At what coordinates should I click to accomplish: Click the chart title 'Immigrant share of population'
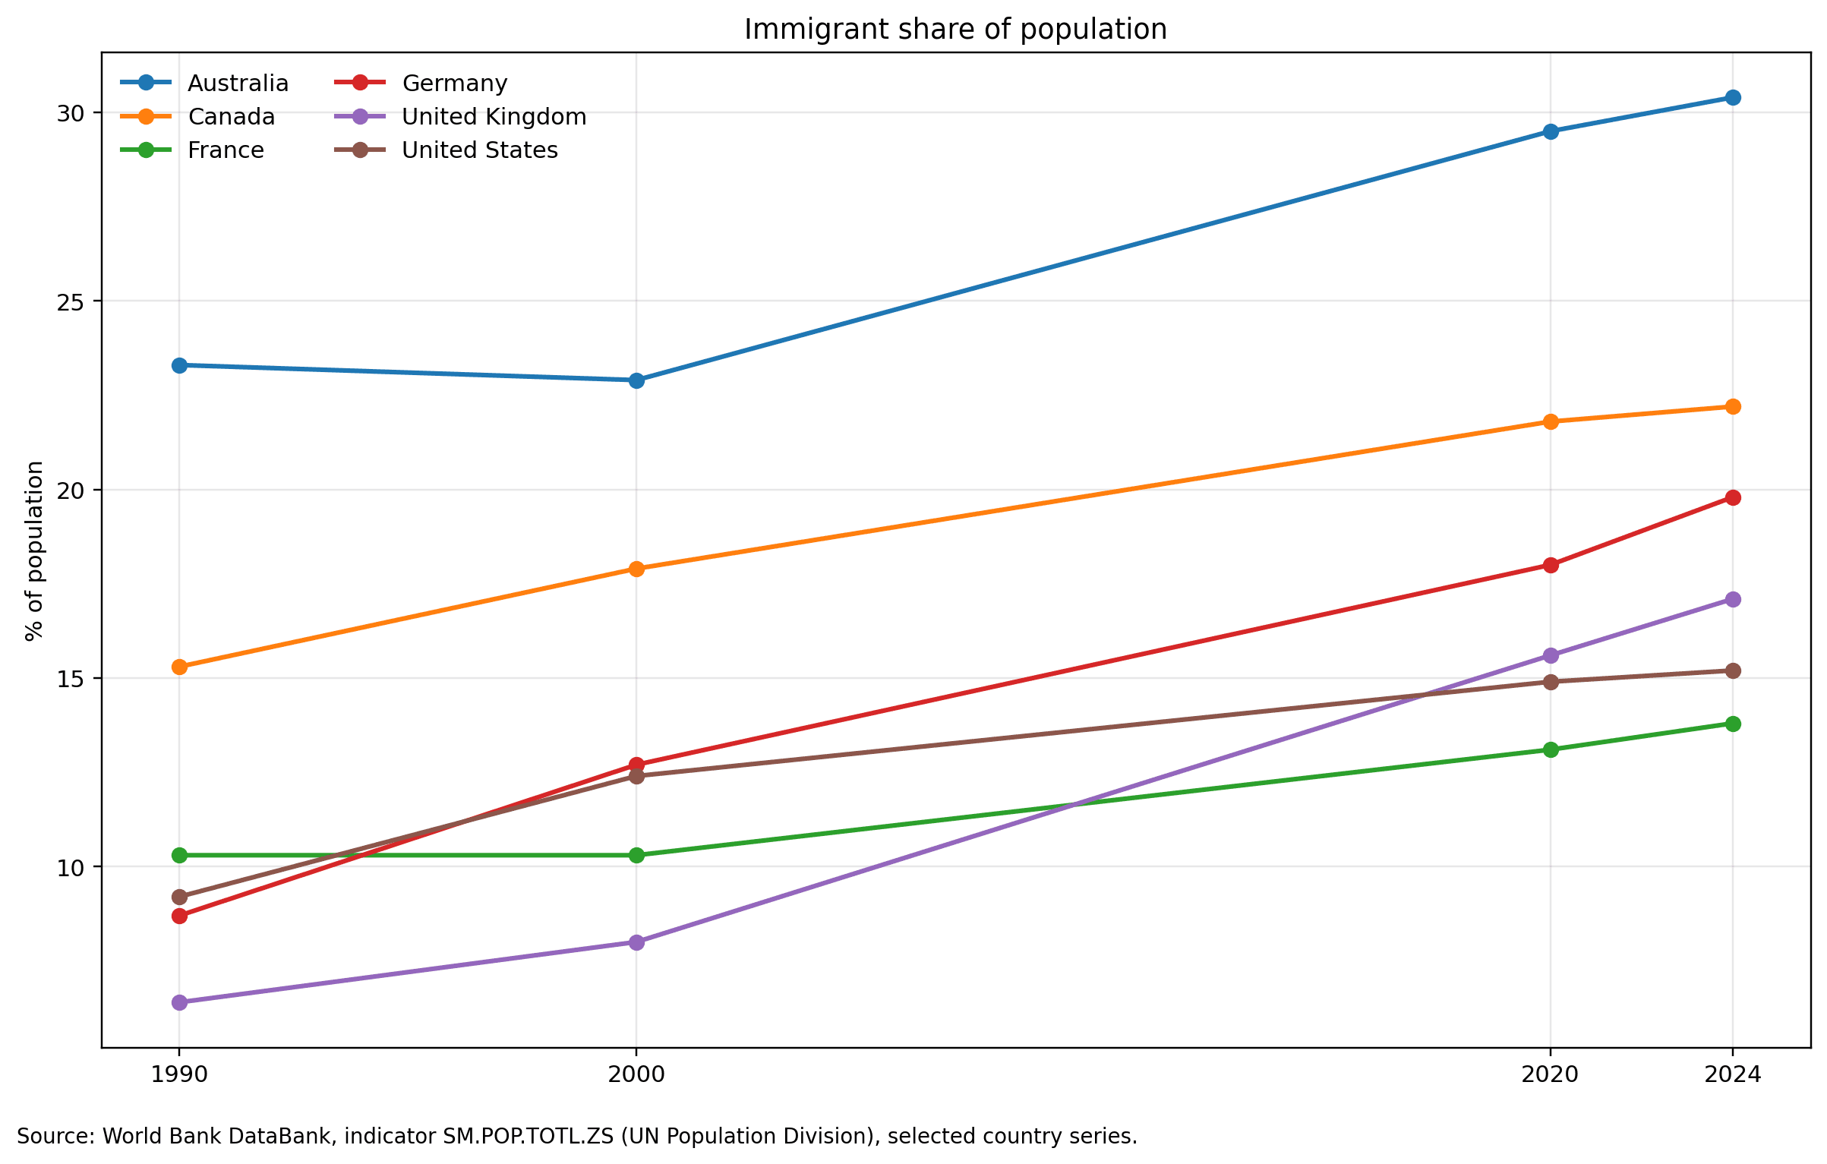click(x=955, y=30)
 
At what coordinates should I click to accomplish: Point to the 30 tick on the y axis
click(x=70, y=114)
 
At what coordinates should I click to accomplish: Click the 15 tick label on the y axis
click(x=70, y=679)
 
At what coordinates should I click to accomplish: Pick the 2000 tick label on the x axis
click(x=636, y=1074)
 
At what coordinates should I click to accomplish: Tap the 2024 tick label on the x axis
click(x=1733, y=1074)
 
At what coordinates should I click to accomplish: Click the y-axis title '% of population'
click(x=35, y=551)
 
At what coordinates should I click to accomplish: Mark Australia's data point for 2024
click(x=1733, y=98)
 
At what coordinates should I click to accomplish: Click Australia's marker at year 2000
click(x=636, y=380)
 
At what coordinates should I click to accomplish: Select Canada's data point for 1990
click(x=179, y=667)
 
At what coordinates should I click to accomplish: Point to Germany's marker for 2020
click(x=1551, y=566)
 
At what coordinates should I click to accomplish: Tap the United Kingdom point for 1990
click(x=179, y=1003)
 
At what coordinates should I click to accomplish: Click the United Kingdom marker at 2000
click(x=636, y=943)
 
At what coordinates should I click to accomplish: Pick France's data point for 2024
click(x=1733, y=724)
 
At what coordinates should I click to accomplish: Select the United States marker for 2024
click(x=1733, y=671)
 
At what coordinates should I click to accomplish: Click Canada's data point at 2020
click(x=1551, y=422)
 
